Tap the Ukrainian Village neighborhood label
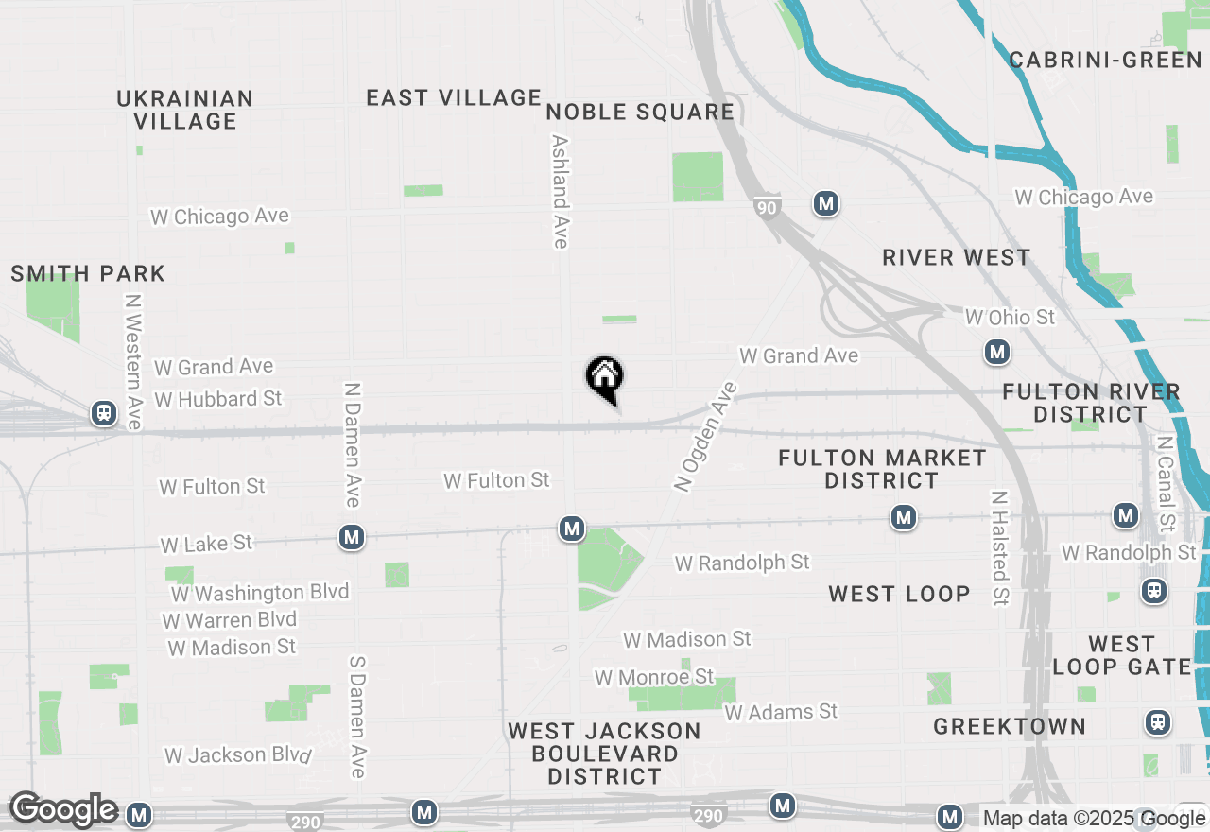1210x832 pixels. [x=185, y=110]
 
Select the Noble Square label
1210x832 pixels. [x=640, y=112]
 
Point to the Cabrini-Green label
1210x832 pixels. [x=1105, y=61]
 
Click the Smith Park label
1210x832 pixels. [x=88, y=274]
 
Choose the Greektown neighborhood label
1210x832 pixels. [x=1010, y=726]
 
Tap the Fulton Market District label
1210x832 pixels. [x=882, y=469]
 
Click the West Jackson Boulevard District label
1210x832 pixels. [x=605, y=754]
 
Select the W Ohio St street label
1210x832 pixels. [x=1009, y=317]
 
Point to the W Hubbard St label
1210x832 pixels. [x=218, y=399]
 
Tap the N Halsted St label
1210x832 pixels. [x=999, y=548]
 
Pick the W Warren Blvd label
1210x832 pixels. [x=230, y=620]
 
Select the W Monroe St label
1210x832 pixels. [x=654, y=677]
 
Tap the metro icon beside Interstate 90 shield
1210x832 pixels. [x=826, y=203]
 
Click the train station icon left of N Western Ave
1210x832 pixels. [x=103, y=413]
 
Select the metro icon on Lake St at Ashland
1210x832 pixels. [x=571, y=529]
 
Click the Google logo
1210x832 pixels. [x=63, y=809]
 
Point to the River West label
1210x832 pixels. [x=956, y=257]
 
